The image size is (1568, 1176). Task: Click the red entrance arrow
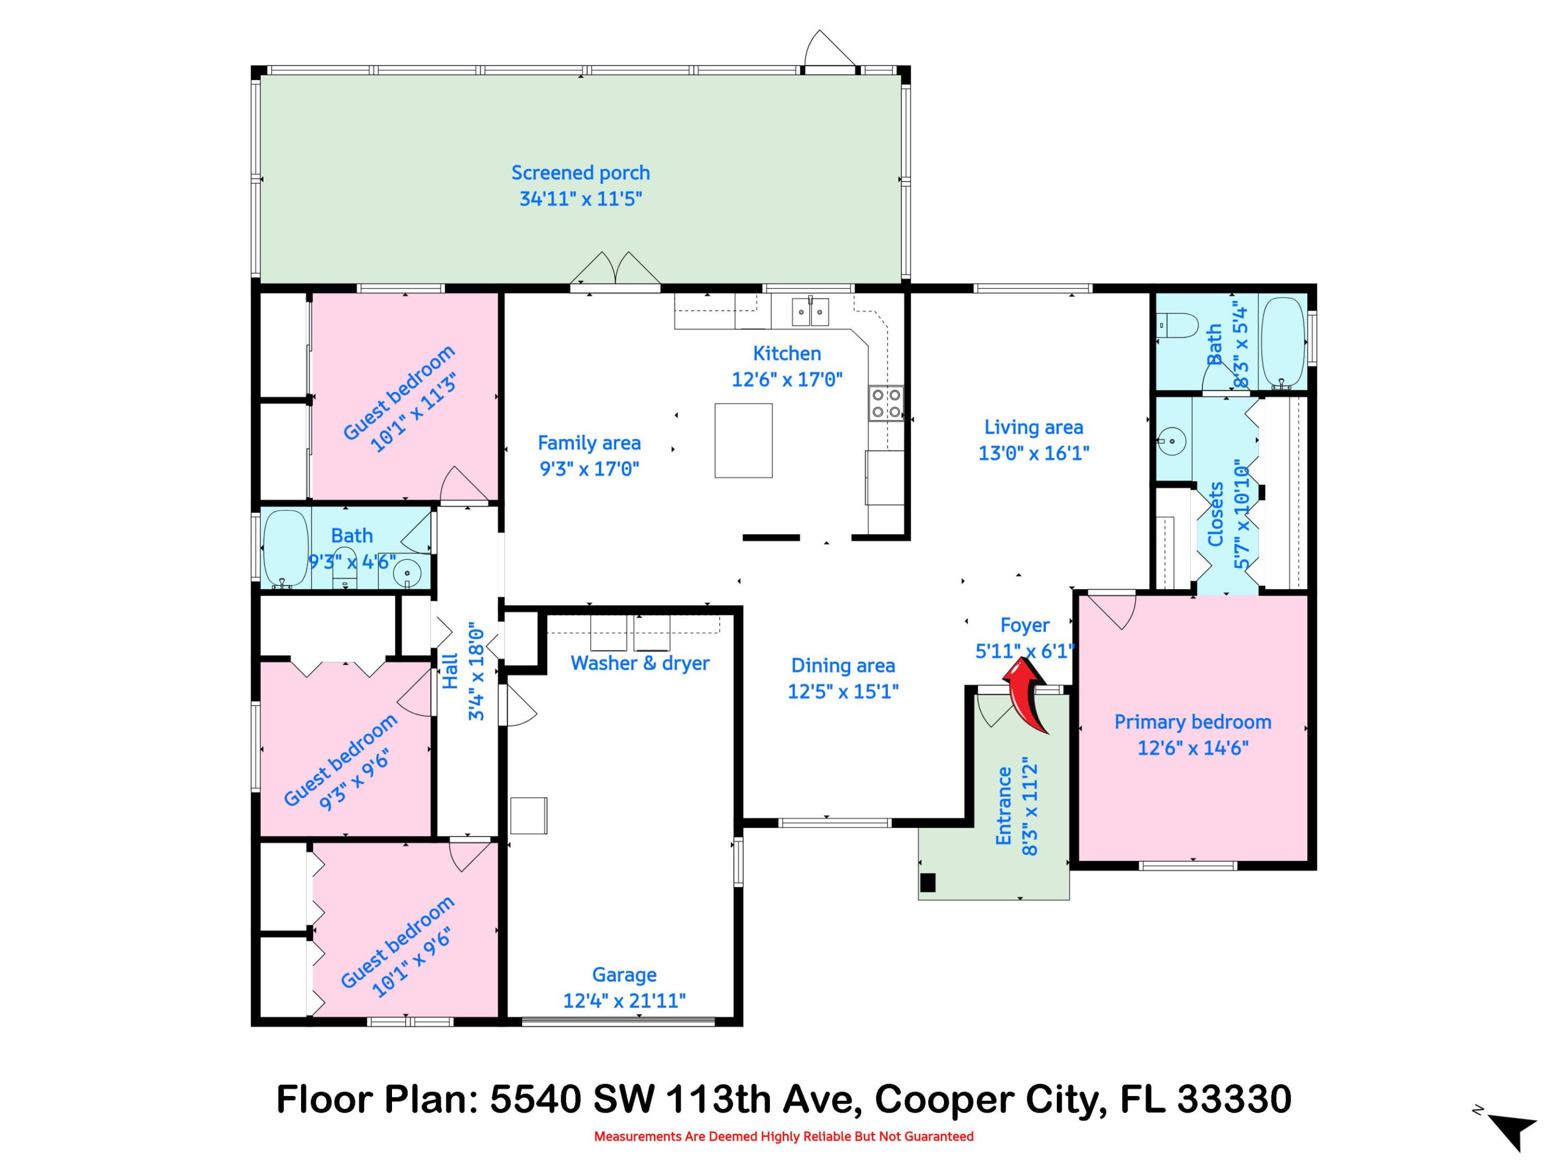(1026, 694)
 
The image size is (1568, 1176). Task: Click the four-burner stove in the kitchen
(886, 403)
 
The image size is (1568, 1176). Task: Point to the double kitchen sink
(810, 312)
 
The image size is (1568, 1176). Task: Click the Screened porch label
(580, 173)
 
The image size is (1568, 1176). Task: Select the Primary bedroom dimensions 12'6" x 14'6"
(1192, 748)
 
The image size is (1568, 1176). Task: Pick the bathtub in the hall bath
(286, 548)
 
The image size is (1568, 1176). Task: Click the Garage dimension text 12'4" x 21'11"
(624, 1000)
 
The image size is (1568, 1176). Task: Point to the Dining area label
(843, 666)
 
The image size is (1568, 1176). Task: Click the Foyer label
(1024, 625)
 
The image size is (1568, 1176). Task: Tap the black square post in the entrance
(927, 883)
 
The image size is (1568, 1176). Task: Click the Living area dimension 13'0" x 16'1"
(1033, 453)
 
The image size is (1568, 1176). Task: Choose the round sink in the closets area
(1172, 441)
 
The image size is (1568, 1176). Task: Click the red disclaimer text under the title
(783, 1137)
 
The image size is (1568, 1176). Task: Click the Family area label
(589, 443)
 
